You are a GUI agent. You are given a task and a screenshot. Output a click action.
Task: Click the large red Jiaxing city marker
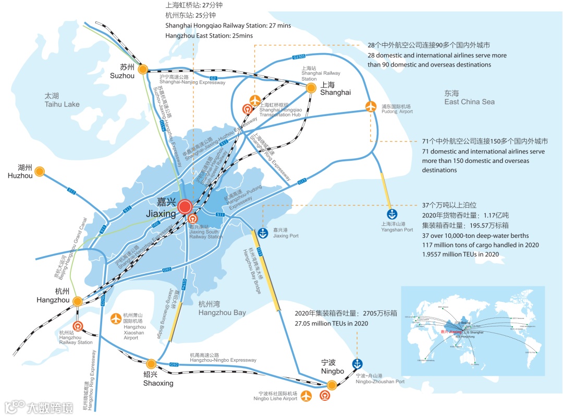[x=185, y=207]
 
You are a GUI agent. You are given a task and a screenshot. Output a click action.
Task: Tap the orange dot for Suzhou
[x=142, y=69]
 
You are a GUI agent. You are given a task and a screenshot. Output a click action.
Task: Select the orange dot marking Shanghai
[x=311, y=87]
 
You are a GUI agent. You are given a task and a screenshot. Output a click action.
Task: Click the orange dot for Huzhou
[x=40, y=171]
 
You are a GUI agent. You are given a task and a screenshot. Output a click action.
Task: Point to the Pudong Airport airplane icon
[x=371, y=106]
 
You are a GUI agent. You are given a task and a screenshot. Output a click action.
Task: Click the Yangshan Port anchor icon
[x=392, y=213]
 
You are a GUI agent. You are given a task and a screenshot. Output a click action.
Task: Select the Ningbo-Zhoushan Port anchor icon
[x=357, y=363]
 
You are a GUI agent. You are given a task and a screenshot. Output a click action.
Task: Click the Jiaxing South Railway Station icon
[x=192, y=219]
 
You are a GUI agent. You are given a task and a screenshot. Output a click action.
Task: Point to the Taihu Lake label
[x=62, y=100]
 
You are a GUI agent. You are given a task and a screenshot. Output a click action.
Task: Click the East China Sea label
[x=469, y=98]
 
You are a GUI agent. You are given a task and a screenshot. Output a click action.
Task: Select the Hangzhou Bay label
[x=222, y=308]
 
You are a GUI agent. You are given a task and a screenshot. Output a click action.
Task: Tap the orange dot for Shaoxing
[x=151, y=363]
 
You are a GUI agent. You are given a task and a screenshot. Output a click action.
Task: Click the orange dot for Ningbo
[x=332, y=385]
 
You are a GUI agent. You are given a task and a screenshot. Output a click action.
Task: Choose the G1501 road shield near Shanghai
[x=299, y=56]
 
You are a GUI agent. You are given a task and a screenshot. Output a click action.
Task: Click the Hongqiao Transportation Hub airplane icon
[x=255, y=100]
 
